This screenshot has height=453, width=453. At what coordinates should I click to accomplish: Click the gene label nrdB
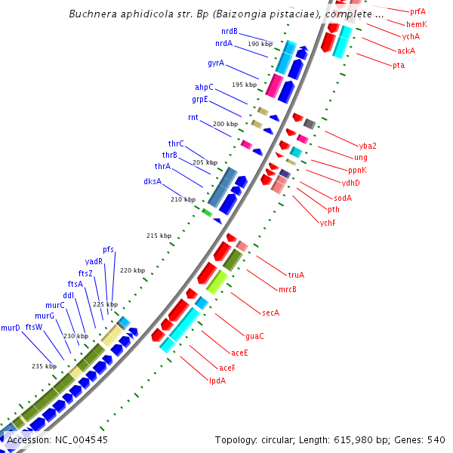click(x=230, y=32)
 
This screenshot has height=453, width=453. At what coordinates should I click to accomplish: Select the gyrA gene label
click(x=216, y=63)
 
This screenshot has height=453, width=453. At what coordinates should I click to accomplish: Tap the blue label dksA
click(x=153, y=181)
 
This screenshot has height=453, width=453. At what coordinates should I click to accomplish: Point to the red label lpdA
click(x=217, y=381)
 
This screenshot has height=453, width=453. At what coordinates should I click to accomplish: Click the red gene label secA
click(x=270, y=313)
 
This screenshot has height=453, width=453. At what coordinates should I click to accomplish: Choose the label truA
click(x=296, y=275)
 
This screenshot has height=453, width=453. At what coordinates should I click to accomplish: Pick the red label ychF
click(x=328, y=223)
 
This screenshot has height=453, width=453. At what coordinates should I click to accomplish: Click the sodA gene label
click(x=343, y=198)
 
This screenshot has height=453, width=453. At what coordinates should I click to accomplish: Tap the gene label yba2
click(x=368, y=146)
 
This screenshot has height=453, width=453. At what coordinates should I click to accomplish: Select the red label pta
click(x=398, y=65)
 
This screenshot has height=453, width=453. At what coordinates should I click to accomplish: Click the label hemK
click(x=417, y=24)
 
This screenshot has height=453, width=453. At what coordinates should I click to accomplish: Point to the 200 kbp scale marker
click(x=225, y=124)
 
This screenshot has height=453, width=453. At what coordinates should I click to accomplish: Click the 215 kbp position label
click(x=159, y=236)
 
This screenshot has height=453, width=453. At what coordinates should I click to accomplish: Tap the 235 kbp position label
click(x=44, y=366)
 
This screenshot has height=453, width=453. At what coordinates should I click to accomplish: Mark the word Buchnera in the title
click(x=91, y=14)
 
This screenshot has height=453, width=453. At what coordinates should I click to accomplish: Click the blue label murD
click(x=11, y=328)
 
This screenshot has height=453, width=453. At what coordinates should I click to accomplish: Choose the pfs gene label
click(x=109, y=249)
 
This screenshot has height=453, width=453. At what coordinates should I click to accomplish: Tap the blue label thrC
click(x=176, y=143)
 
